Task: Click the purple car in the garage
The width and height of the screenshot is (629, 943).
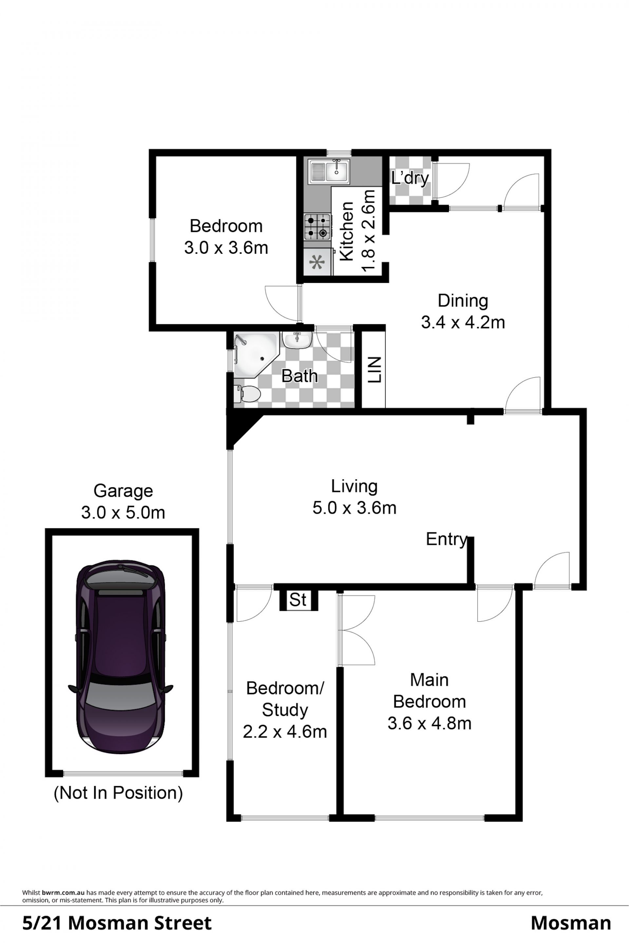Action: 120,657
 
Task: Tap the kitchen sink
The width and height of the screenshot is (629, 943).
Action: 329,171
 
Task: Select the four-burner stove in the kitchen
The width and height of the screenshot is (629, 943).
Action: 317,226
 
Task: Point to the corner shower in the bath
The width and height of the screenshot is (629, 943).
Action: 255,355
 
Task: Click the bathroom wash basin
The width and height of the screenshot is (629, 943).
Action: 297,340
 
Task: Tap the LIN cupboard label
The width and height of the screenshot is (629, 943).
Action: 374,370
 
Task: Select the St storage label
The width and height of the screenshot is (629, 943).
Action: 298,600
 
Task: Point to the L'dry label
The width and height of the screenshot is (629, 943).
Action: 410,178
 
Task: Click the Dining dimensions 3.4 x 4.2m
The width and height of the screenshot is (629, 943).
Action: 463,323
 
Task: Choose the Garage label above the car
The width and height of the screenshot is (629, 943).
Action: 123,491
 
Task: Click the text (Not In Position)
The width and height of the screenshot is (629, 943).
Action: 118,793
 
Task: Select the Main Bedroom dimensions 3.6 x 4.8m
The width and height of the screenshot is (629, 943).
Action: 429,723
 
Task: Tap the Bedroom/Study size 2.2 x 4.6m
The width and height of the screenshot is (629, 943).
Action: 285,732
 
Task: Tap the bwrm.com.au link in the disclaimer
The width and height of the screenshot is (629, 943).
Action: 63,893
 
